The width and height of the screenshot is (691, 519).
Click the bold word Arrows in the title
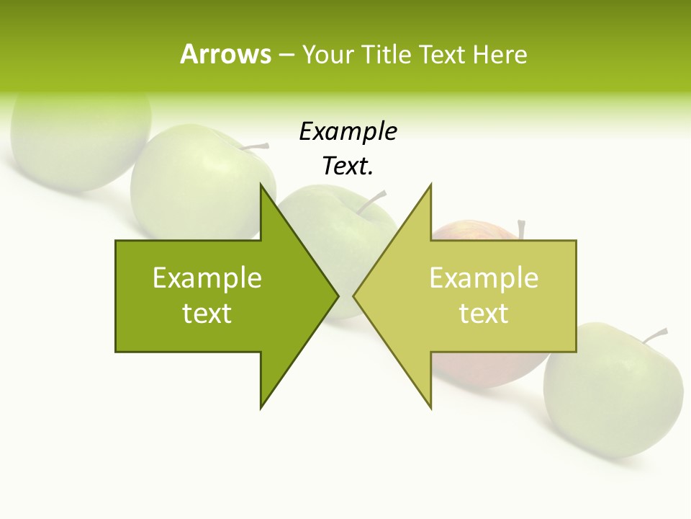225,54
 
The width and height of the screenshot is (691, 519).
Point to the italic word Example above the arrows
348,131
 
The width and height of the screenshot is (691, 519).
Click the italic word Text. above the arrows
348,167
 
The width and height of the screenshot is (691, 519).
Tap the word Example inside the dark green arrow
207,278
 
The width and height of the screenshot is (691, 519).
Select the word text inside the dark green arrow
207,314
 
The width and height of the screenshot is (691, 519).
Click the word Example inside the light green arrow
484,278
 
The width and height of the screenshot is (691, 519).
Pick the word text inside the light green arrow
484,314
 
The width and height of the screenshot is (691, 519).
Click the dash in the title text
286,55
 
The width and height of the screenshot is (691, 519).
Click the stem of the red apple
521,229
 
